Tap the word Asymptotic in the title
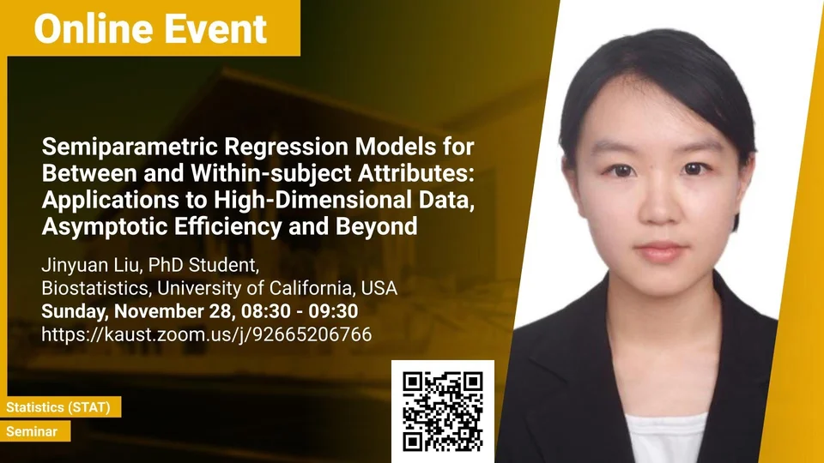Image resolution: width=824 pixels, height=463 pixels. [x=105, y=226]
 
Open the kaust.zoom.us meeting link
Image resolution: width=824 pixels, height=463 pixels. [x=207, y=334]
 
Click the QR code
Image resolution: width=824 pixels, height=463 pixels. [x=443, y=412]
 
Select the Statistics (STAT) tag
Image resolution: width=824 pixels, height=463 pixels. [x=58, y=407]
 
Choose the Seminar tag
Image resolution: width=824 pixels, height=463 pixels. [x=32, y=431]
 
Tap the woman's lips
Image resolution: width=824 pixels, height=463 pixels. [x=661, y=252]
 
